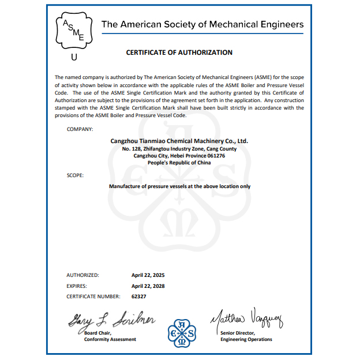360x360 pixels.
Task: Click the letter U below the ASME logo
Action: (73, 57)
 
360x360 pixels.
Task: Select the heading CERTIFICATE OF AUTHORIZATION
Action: (179, 52)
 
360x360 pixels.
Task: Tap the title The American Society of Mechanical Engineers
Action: (202, 24)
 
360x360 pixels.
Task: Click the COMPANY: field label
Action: (80, 129)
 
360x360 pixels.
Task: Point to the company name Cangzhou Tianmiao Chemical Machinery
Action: (179, 141)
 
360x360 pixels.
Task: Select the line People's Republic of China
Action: (179, 163)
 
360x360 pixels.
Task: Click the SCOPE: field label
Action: (75, 174)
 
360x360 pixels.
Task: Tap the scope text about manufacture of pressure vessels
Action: (179, 186)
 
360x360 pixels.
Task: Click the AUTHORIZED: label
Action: (82, 275)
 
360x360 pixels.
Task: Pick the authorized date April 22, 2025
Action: (148, 275)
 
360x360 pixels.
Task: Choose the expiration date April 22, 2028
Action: (148, 286)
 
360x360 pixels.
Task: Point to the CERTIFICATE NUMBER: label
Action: (93, 296)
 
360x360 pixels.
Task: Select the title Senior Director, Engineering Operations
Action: (246, 336)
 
